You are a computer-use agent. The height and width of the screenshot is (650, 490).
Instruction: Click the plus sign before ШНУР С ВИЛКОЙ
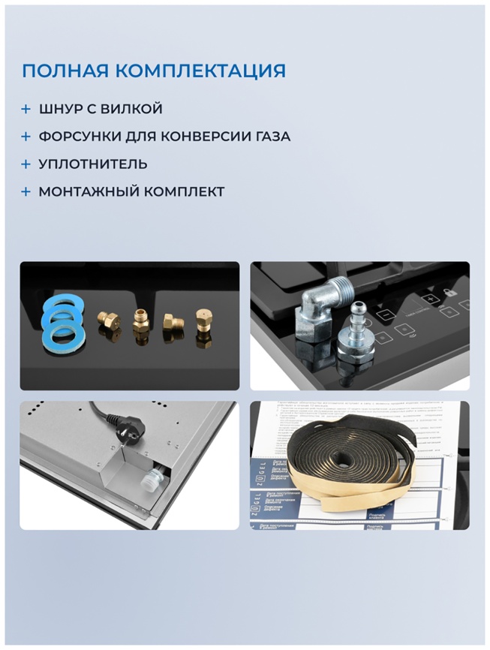[26, 110]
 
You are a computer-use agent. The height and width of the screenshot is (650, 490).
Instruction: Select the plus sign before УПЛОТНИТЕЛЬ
[26, 164]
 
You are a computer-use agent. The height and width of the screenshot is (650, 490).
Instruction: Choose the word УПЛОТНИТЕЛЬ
[93, 164]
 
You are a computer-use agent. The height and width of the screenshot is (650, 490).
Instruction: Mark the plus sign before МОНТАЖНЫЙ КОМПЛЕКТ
[26, 192]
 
